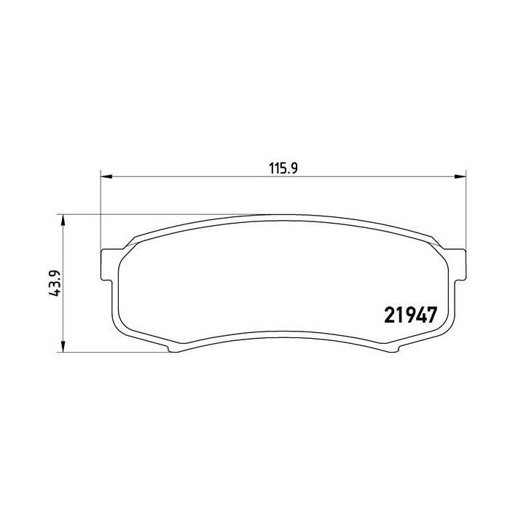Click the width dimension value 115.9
[283, 168]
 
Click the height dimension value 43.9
[55, 283]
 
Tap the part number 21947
[410, 315]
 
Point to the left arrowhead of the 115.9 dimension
[106, 176]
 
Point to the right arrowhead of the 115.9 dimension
[460, 176]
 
